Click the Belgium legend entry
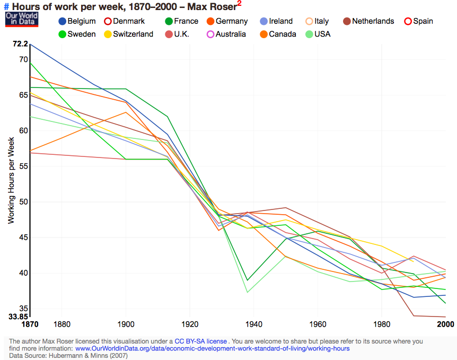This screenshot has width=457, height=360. tap(77, 21)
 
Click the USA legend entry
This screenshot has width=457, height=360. tap(317, 34)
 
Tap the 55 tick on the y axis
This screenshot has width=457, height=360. tap(23, 166)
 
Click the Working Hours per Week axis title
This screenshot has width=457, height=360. tap(11, 180)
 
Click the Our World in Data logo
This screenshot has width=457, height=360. tap(19, 20)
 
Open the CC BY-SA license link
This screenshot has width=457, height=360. tap(201, 341)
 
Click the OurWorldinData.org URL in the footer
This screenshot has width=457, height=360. tap(212, 349)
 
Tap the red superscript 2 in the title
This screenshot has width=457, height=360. tap(239, 4)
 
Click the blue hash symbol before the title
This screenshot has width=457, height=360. tap(6, 7)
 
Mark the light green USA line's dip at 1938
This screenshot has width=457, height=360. tap(248, 292)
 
